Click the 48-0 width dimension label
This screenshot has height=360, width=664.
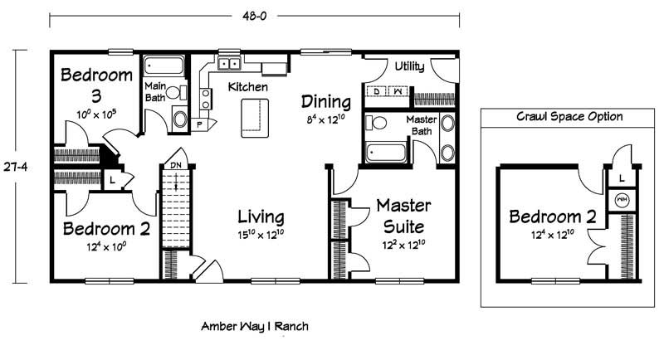click(x=255, y=16)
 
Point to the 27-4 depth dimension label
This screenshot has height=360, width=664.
click(x=16, y=167)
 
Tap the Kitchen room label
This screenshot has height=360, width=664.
click(x=247, y=87)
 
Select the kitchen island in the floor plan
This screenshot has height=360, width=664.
click(x=255, y=118)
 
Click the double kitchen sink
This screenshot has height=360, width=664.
click(x=229, y=64)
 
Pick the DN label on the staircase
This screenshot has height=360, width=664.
click(x=176, y=165)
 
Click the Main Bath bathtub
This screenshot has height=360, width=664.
click(x=164, y=66)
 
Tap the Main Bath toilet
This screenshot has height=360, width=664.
click(x=176, y=92)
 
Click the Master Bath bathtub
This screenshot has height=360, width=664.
click(x=386, y=153)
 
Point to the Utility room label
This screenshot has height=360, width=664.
click(x=409, y=66)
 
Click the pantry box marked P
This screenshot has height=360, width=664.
click(x=199, y=124)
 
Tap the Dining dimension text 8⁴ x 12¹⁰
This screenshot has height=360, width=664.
click(x=325, y=119)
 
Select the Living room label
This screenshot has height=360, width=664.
click(x=261, y=216)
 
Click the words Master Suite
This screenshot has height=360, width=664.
click(x=404, y=216)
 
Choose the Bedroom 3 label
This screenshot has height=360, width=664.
click(x=96, y=85)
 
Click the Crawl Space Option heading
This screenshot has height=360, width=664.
click(x=569, y=116)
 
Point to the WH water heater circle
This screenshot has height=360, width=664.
click(x=622, y=200)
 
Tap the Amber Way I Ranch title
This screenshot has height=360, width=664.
click(x=255, y=326)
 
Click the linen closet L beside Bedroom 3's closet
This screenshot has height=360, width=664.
click(x=112, y=180)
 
